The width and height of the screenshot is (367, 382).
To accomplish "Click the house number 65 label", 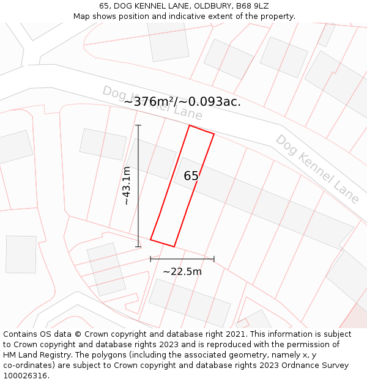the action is tap(191, 176).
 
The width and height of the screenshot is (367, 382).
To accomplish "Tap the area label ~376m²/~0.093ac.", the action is tap(182, 101).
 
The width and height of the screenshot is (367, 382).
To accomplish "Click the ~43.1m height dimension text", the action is tap(126, 185).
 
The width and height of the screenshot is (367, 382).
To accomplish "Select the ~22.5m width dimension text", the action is tap(182, 271).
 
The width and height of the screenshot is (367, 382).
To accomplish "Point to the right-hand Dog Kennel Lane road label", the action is tap(317, 168).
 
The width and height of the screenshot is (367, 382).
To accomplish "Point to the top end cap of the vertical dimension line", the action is tap(138, 125).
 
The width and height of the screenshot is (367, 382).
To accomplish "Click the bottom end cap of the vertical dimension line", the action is tap(138, 247).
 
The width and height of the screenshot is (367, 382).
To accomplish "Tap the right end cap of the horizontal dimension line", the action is tap(214, 259).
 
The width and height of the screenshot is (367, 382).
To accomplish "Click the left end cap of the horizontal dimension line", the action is tap(150, 259).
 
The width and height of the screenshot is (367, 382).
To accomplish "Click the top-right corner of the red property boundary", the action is tap(214, 133).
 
